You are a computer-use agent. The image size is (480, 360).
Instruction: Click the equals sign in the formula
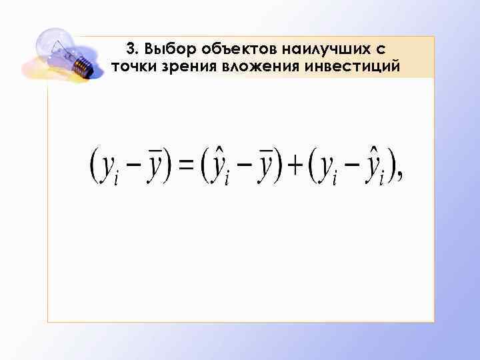point(187,165)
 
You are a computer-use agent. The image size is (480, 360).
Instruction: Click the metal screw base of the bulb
point(81,66)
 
